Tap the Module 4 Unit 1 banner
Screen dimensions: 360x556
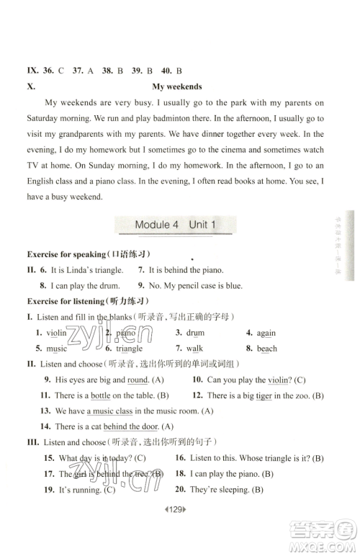(x=175, y=225)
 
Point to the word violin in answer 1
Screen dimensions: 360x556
(x=56, y=333)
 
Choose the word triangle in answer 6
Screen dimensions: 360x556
(x=129, y=349)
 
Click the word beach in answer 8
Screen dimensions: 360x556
(x=267, y=349)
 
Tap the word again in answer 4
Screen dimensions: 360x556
(x=266, y=333)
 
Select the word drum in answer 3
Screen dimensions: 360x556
(x=195, y=333)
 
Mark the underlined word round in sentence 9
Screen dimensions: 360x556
(x=138, y=380)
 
